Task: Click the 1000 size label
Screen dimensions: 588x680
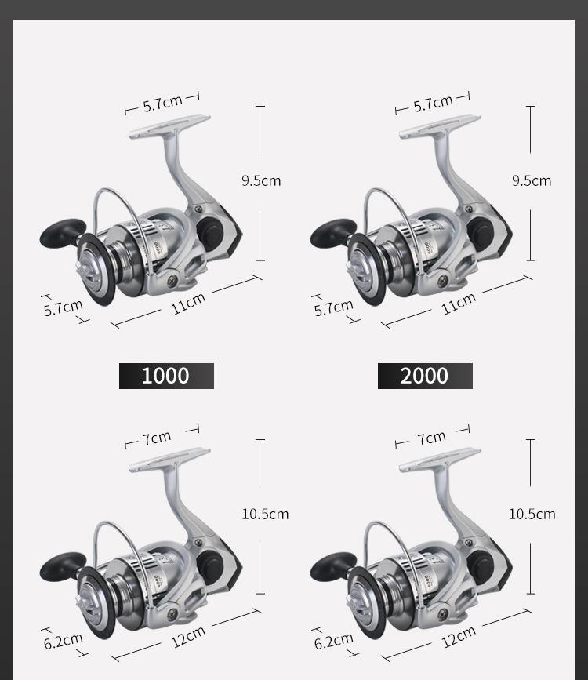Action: (166, 376)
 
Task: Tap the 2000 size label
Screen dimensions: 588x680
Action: (425, 376)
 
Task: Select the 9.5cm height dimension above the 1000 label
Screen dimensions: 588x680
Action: (261, 180)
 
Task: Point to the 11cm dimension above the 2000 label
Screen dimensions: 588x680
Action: (459, 304)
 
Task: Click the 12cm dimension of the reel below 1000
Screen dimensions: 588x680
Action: (188, 637)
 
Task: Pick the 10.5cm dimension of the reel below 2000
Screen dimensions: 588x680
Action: (532, 515)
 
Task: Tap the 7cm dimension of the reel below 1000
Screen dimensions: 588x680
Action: (157, 438)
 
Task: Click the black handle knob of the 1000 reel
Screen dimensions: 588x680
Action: (63, 233)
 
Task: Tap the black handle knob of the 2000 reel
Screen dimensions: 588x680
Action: (333, 233)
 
